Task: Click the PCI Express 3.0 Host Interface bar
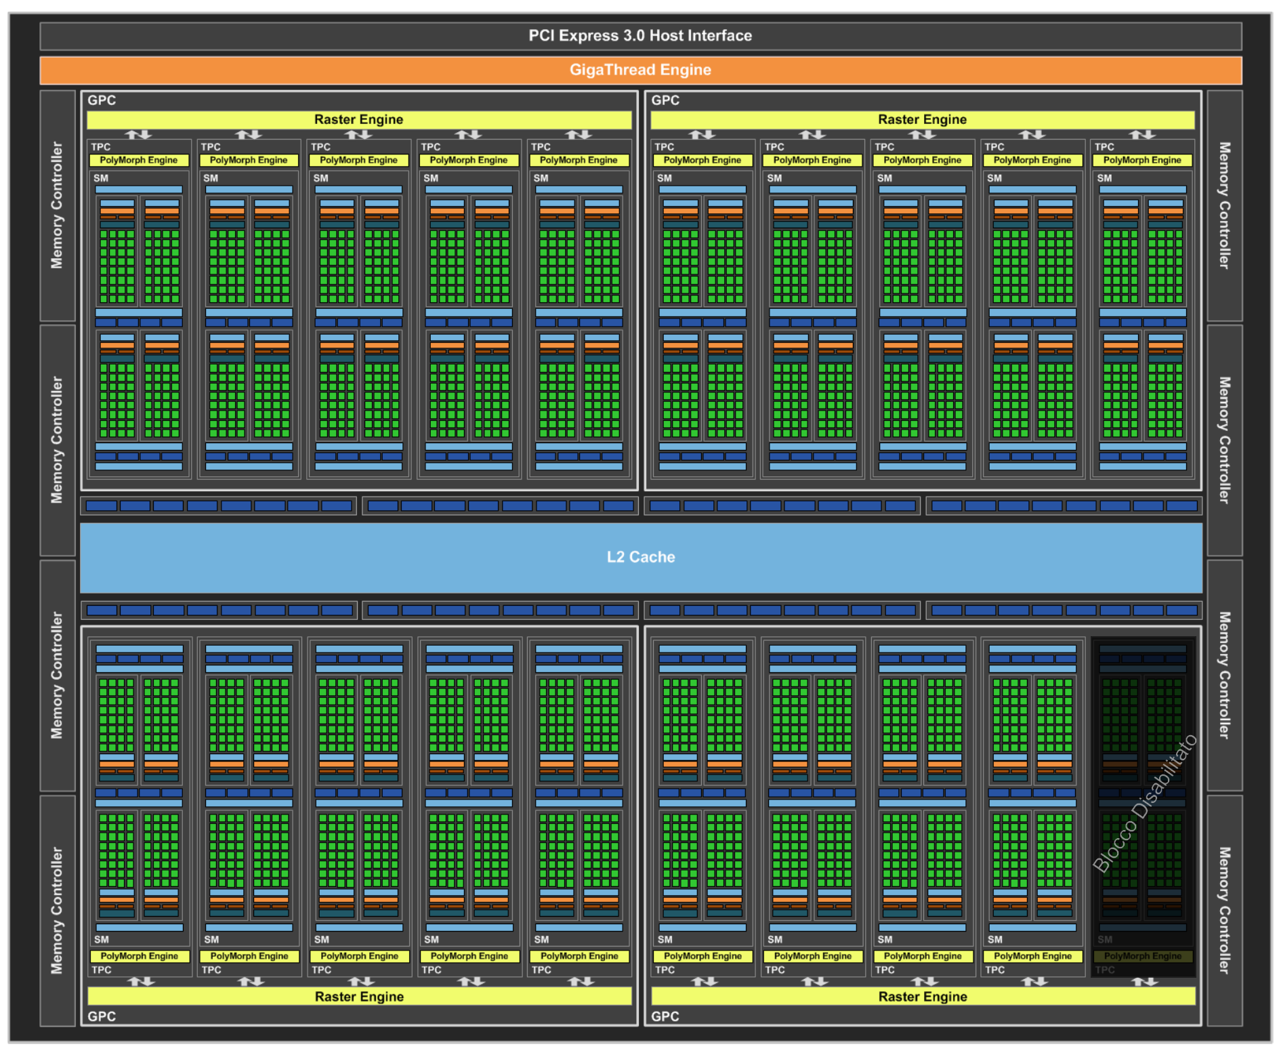coord(640,36)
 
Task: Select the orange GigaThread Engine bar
coord(640,70)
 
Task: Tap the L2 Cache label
coord(641,557)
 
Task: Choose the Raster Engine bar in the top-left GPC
coord(359,120)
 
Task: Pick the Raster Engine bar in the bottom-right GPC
coord(923,996)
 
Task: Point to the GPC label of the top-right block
coord(665,100)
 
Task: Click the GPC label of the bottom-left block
coord(102,1016)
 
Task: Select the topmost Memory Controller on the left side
coord(57,205)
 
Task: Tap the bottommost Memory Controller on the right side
coord(1224,910)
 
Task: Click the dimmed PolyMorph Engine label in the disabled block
coord(1143,956)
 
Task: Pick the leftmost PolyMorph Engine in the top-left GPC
coord(139,161)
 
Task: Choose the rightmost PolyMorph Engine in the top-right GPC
coord(1142,161)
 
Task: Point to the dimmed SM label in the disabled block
coord(1105,940)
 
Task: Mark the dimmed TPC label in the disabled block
coord(1105,970)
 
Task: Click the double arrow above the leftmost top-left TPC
coord(139,135)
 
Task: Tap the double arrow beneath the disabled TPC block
coord(1144,981)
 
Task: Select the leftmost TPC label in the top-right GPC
coord(665,147)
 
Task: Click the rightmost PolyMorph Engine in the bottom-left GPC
coord(579,956)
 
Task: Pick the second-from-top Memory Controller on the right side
coord(1224,440)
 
